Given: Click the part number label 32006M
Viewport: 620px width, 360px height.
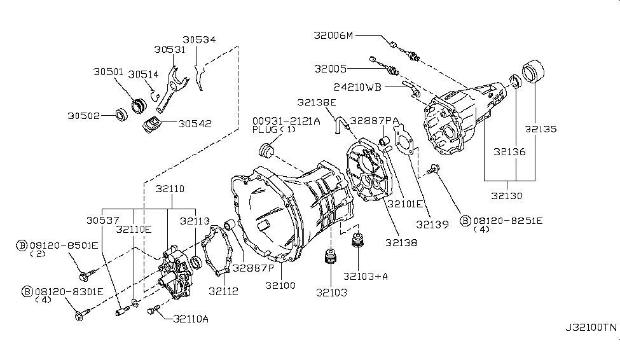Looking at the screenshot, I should (333, 36).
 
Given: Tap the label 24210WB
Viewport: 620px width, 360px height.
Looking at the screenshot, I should (357, 87).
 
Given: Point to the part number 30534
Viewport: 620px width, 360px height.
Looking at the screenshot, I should (198, 39).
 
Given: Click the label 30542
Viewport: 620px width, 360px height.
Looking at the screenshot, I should (195, 124).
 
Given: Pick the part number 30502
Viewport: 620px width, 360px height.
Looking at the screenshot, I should (84, 116).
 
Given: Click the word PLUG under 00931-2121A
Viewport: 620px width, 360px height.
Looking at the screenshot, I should (264, 129).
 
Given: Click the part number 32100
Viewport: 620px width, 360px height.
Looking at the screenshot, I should (280, 287).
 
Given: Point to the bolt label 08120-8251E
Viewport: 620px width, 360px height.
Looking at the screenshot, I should (507, 221).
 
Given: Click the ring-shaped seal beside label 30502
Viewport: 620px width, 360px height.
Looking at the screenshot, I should (119, 115).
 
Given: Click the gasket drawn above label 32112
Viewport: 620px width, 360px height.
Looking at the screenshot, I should (216, 255).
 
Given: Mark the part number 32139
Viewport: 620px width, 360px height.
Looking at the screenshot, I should (432, 224).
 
